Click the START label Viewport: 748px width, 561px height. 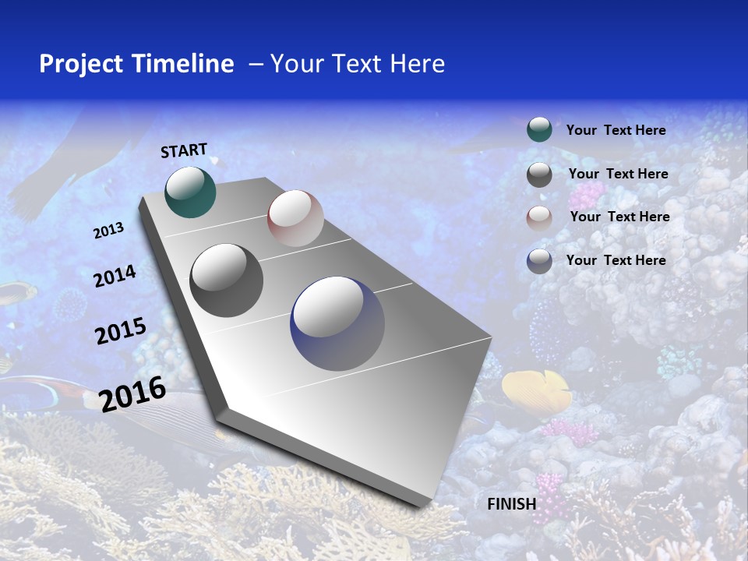[184, 150]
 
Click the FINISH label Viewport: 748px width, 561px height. [511, 503]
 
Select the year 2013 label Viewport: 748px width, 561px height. [108, 230]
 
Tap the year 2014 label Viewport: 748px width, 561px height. [115, 276]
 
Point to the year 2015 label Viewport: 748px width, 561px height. [121, 331]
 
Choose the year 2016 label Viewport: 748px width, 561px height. [132, 393]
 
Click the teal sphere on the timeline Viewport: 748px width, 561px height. [190, 192]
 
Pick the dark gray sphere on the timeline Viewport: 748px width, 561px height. [227, 280]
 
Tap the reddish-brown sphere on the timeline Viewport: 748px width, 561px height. [295, 218]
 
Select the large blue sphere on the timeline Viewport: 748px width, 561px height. [337, 323]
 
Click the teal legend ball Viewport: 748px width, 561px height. [539, 130]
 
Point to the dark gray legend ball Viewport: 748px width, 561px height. [539, 175]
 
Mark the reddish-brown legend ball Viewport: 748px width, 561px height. [539, 217]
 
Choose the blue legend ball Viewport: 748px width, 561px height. [539, 261]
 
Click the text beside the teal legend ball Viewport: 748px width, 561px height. [616, 130]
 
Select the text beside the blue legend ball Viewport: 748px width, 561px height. [616, 260]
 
